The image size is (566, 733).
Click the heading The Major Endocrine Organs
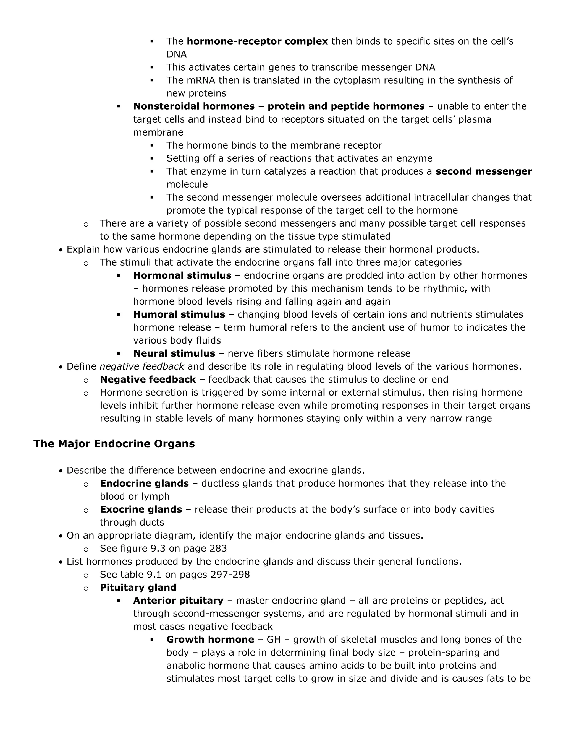click(x=114, y=444)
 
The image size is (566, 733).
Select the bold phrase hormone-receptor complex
click(x=257, y=41)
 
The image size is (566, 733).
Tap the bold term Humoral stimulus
click(x=179, y=314)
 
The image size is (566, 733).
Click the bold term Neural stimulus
click(x=174, y=353)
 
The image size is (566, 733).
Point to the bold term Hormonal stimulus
click(x=182, y=275)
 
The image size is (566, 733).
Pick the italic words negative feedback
click(x=142, y=366)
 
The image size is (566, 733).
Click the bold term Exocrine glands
click(x=141, y=509)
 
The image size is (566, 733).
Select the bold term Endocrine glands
click(x=144, y=483)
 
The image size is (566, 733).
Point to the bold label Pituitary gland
click(x=138, y=587)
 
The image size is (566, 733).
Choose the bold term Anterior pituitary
click(x=178, y=601)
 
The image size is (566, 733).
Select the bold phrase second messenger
click(x=484, y=171)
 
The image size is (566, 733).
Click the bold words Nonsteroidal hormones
click(x=194, y=106)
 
